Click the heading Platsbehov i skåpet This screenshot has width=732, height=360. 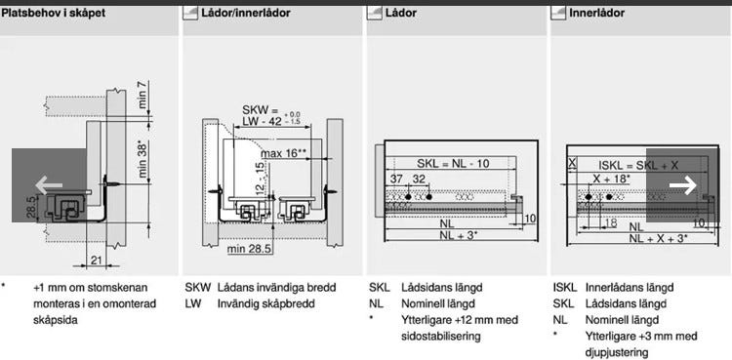(54, 13)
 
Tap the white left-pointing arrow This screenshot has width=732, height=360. (49, 185)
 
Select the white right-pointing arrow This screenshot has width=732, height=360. (682, 185)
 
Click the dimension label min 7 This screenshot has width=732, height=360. (143, 96)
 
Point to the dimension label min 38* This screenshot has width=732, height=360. (143, 159)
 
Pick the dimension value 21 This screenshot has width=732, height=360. (97, 260)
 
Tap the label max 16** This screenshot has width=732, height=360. (283, 153)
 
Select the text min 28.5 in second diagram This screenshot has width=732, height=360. (249, 249)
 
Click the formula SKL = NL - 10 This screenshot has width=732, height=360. (453, 164)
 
